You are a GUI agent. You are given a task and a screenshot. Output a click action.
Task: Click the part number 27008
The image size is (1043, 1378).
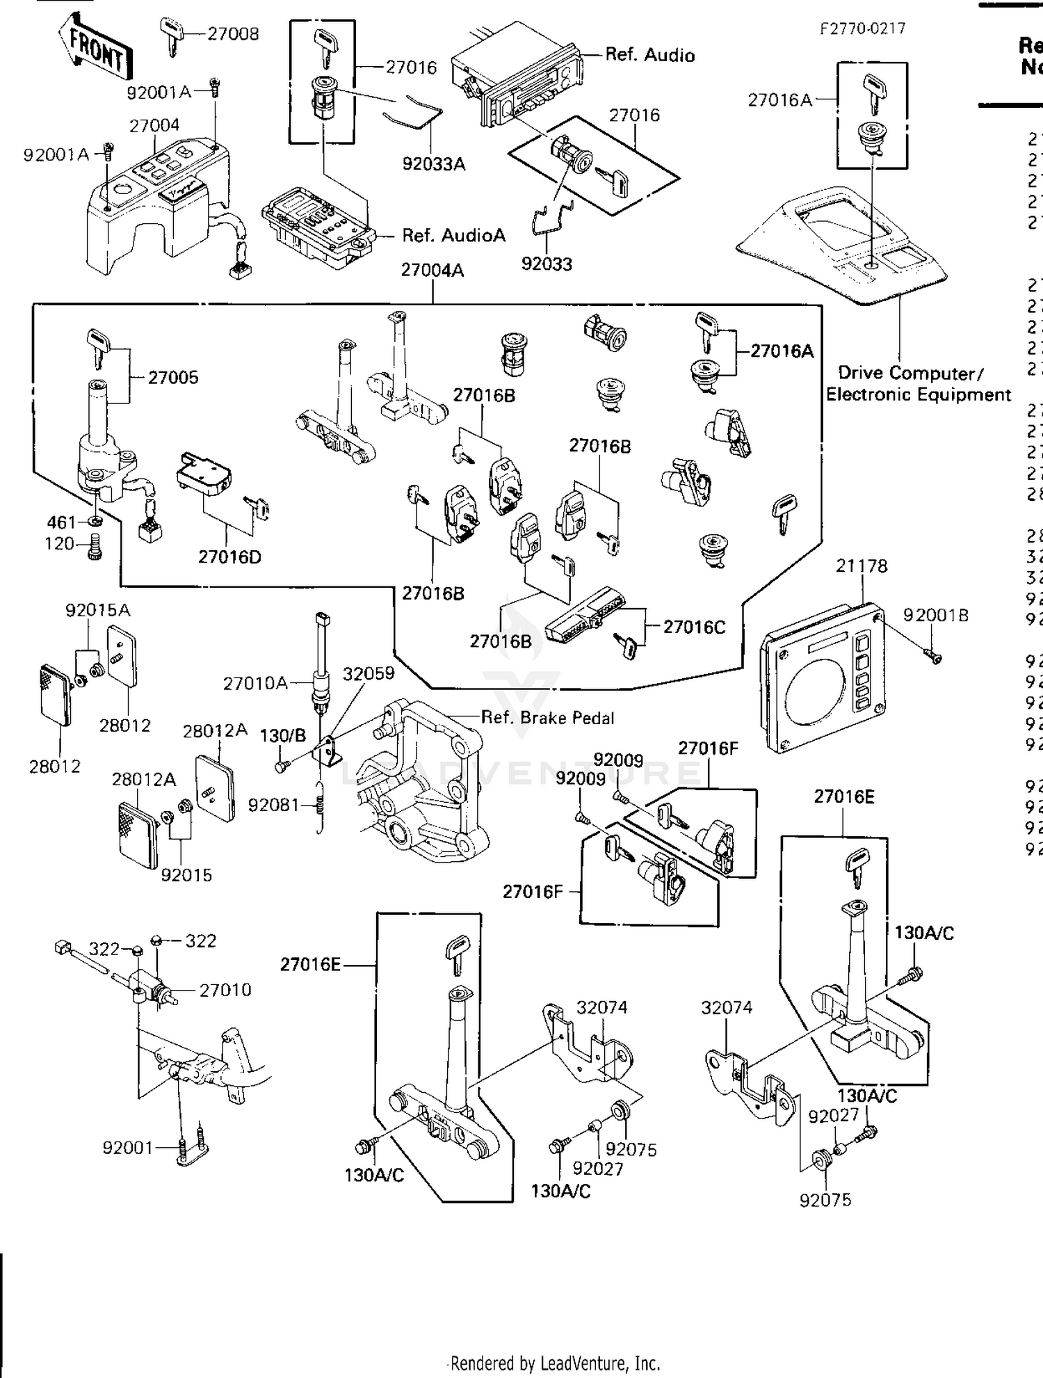233,34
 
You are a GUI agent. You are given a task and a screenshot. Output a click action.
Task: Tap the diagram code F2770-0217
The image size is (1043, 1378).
862,29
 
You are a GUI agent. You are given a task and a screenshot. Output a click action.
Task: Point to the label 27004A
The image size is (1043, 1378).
432,271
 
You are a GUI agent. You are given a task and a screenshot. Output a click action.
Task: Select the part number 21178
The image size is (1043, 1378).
862,566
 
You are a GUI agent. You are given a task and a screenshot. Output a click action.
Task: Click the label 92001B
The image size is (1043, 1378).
935,615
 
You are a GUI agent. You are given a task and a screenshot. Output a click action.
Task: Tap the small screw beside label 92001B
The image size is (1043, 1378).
933,655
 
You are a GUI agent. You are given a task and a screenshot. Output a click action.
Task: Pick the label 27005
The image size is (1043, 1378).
173,378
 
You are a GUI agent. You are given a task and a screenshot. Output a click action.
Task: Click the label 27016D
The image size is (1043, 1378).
229,557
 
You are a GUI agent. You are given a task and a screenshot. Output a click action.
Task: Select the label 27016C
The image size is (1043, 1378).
693,627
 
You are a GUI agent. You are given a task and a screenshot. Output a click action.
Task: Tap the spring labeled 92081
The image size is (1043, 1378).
321,806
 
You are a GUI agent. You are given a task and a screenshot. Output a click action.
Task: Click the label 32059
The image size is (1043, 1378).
368,673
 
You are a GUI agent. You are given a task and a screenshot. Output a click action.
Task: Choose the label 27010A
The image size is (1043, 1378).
255,683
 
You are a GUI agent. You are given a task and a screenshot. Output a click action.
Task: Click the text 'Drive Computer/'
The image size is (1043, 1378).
910,374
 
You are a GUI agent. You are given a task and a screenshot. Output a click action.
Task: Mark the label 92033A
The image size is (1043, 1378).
433,164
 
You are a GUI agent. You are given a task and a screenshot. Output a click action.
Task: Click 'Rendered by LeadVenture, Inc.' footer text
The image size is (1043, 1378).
554,1363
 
